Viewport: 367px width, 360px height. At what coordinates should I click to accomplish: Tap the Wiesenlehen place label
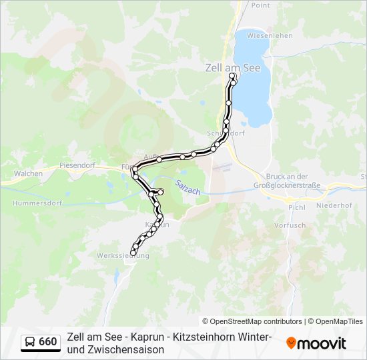point(270,35)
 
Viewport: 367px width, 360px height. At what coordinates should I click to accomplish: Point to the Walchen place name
point(28,173)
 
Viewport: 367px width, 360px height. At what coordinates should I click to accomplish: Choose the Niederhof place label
point(334,205)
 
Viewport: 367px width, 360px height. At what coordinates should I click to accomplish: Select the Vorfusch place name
point(290,225)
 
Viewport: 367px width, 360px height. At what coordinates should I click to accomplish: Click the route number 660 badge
point(48,342)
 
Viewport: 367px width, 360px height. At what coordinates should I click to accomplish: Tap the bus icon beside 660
point(31,342)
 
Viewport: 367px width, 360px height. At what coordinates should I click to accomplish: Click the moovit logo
point(316,343)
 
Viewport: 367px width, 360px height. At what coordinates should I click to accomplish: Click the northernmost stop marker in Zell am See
point(232,76)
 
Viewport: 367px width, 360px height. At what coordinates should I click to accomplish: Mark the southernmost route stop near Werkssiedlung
point(133,253)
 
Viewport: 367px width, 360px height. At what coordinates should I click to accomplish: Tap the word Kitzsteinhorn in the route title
point(192,337)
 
